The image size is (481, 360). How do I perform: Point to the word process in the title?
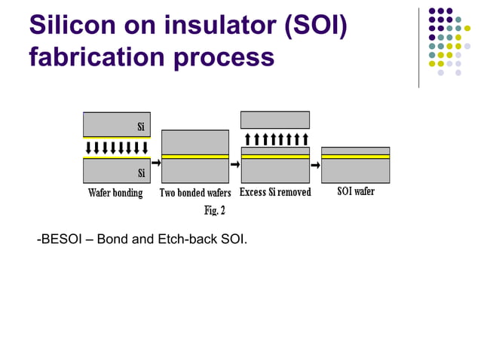[x=227, y=58]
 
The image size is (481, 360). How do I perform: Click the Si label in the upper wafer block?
[x=141, y=126]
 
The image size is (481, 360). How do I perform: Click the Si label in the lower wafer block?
[x=141, y=174]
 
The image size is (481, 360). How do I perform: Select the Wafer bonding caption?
[x=115, y=193]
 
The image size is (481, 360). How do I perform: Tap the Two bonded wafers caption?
[x=195, y=193]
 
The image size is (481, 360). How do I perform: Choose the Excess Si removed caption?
[x=274, y=192]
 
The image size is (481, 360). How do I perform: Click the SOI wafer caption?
[x=355, y=191]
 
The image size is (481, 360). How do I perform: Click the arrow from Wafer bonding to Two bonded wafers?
[x=156, y=163]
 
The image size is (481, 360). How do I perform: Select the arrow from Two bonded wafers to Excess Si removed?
[x=234, y=163]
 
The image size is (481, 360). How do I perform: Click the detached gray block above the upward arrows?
[x=274, y=120]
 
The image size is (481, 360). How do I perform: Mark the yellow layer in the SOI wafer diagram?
[x=355, y=156]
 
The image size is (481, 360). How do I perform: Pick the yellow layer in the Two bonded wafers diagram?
[x=195, y=157]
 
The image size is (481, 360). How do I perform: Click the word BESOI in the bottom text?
[x=61, y=239]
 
